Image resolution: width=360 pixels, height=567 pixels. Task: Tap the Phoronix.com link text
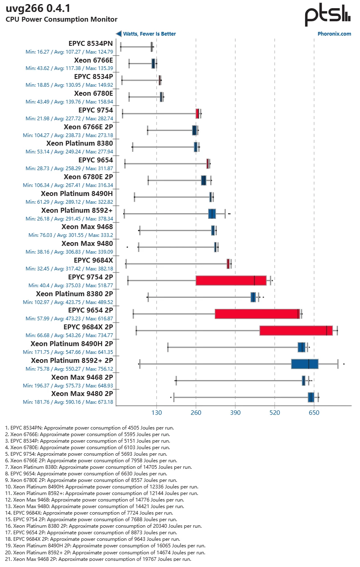(x=334, y=34)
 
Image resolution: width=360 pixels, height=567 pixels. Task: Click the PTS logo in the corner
(x=327, y=16)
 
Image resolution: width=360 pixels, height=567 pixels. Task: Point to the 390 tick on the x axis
(x=235, y=413)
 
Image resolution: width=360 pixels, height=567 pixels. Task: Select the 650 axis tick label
(x=314, y=413)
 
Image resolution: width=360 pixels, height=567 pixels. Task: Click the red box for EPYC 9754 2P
(x=231, y=281)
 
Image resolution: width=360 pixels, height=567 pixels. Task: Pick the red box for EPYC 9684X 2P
(x=296, y=331)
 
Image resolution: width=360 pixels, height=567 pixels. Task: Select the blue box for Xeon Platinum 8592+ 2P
(x=305, y=364)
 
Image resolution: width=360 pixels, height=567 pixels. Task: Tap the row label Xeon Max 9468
(x=87, y=227)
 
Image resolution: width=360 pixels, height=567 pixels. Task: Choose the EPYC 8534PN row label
(x=91, y=44)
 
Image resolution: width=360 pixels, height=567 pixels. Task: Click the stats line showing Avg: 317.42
(x=69, y=269)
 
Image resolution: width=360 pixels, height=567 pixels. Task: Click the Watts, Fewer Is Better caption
(x=149, y=34)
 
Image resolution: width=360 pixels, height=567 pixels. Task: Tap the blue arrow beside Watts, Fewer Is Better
(x=119, y=34)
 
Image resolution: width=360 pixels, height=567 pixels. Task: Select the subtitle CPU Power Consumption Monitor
(x=61, y=19)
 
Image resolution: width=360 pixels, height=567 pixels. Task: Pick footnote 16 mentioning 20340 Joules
(x=107, y=526)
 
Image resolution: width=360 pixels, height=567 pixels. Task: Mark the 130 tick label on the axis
(x=157, y=413)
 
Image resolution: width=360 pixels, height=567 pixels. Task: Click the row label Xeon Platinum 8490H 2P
(x=72, y=344)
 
